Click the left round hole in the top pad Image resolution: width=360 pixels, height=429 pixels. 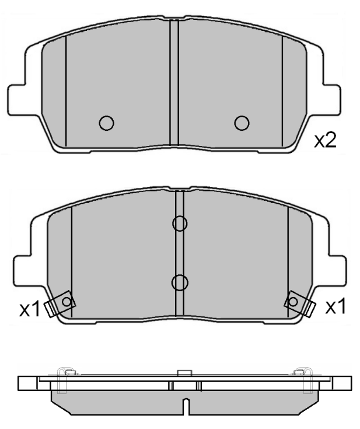(x=106, y=123)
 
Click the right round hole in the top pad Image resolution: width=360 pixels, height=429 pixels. (x=242, y=122)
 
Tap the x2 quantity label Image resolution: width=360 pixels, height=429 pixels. (x=325, y=141)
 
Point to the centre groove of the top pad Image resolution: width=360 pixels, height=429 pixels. (x=173, y=82)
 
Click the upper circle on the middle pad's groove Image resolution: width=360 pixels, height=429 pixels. (x=180, y=223)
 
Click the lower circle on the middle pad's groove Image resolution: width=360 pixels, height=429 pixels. (x=180, y=282)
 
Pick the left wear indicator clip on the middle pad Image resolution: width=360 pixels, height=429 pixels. (x=60, y=304)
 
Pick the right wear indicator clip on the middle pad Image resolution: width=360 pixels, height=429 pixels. (x=300, y=303)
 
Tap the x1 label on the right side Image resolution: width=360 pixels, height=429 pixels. (x=335, y=306)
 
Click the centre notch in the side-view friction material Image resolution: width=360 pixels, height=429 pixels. (x=185, y=407)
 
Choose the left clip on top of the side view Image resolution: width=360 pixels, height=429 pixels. (x=65, y=374)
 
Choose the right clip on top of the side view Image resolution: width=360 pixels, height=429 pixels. (x=302, y=374)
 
